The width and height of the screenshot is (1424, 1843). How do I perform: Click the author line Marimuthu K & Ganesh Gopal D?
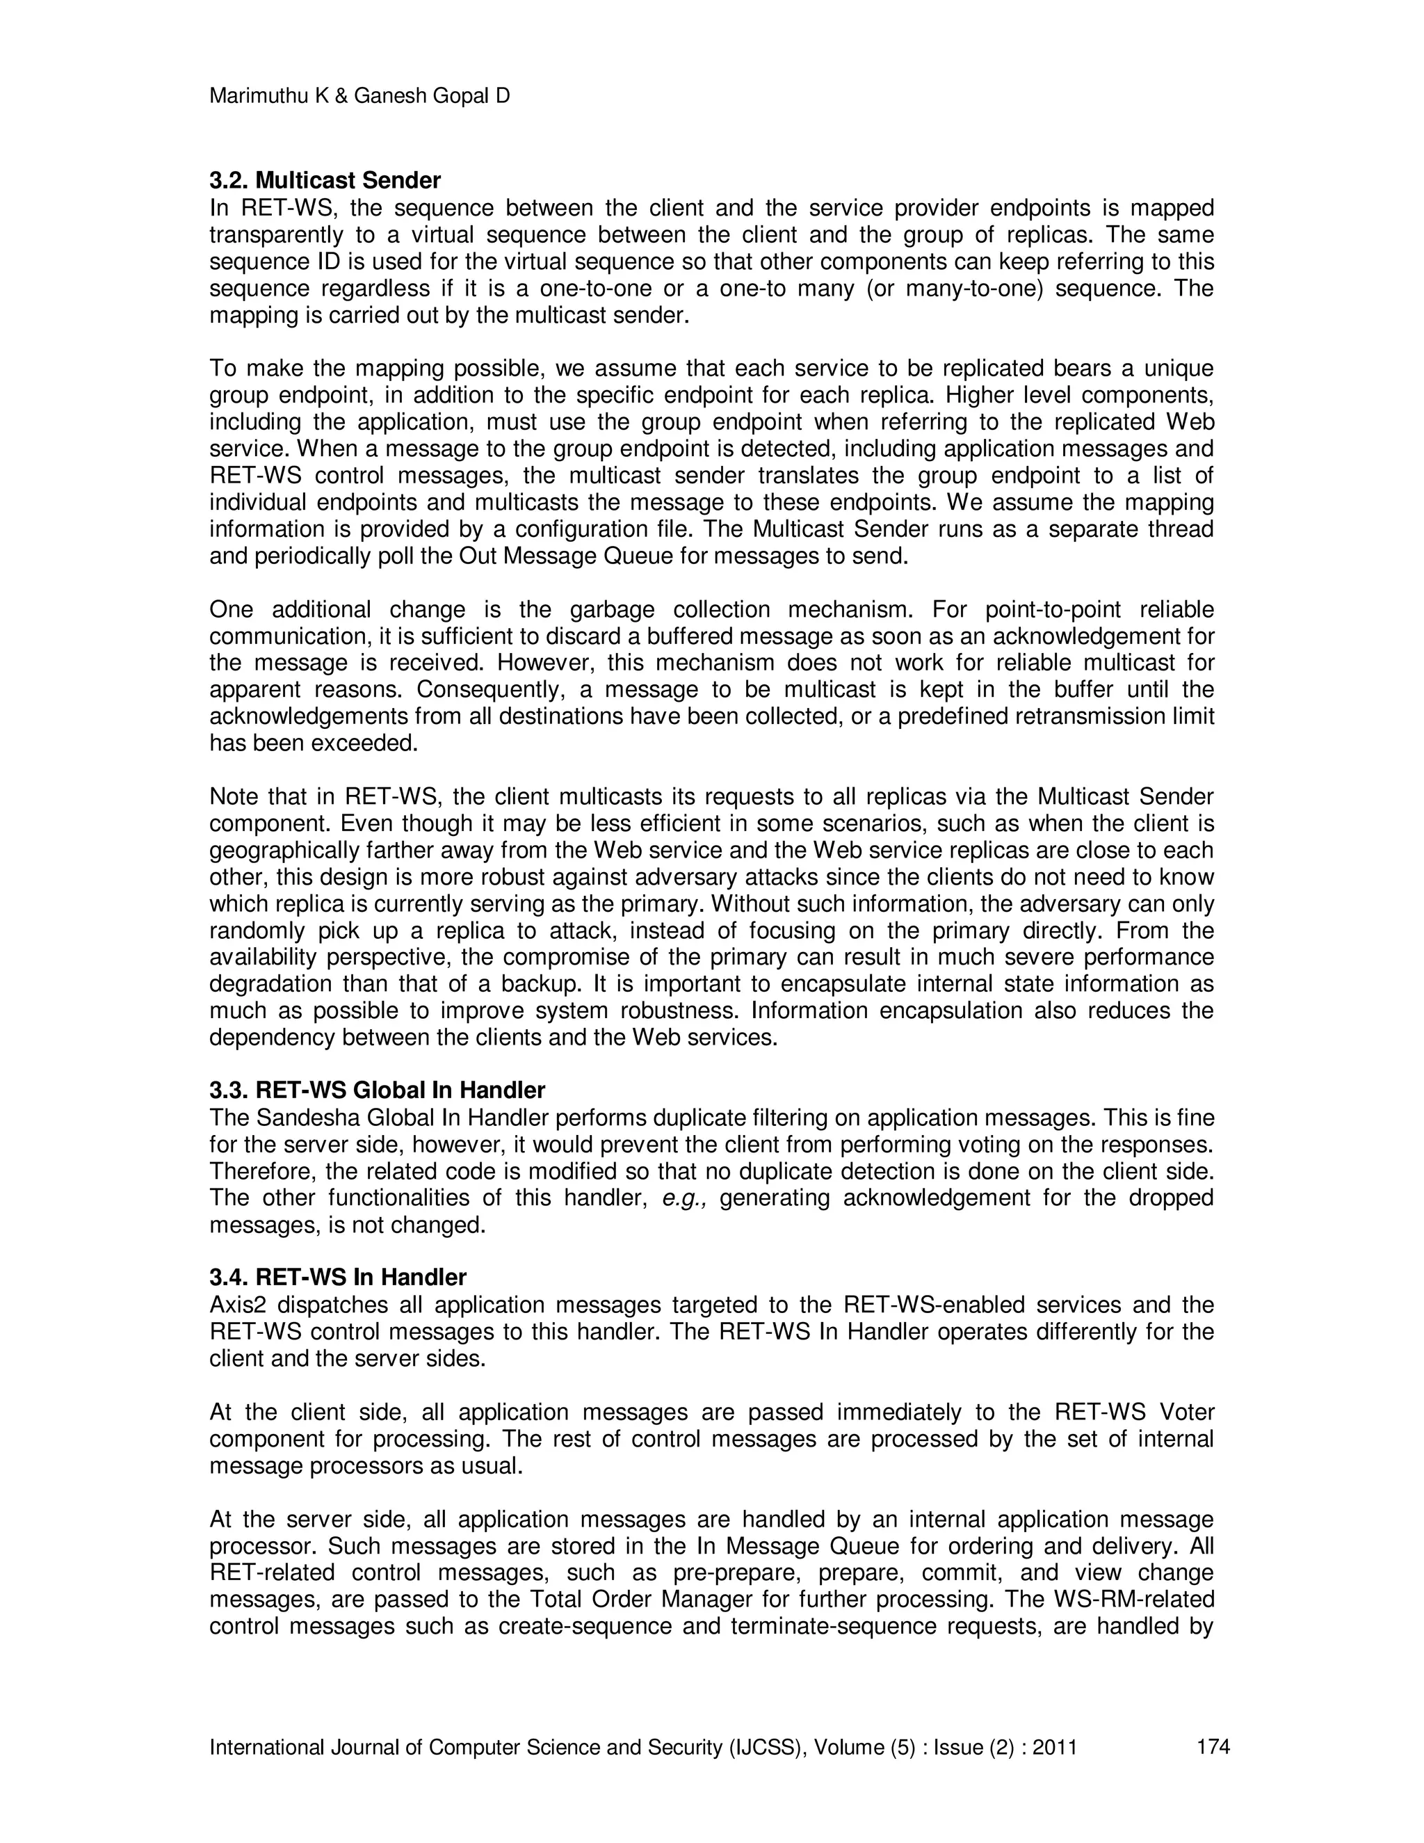point(359,96)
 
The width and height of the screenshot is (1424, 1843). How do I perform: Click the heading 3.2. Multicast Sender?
point(325,181)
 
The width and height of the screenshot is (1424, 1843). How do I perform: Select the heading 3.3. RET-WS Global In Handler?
point(377,1090)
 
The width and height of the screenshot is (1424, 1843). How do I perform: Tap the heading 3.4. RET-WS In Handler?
point(337,1278)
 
